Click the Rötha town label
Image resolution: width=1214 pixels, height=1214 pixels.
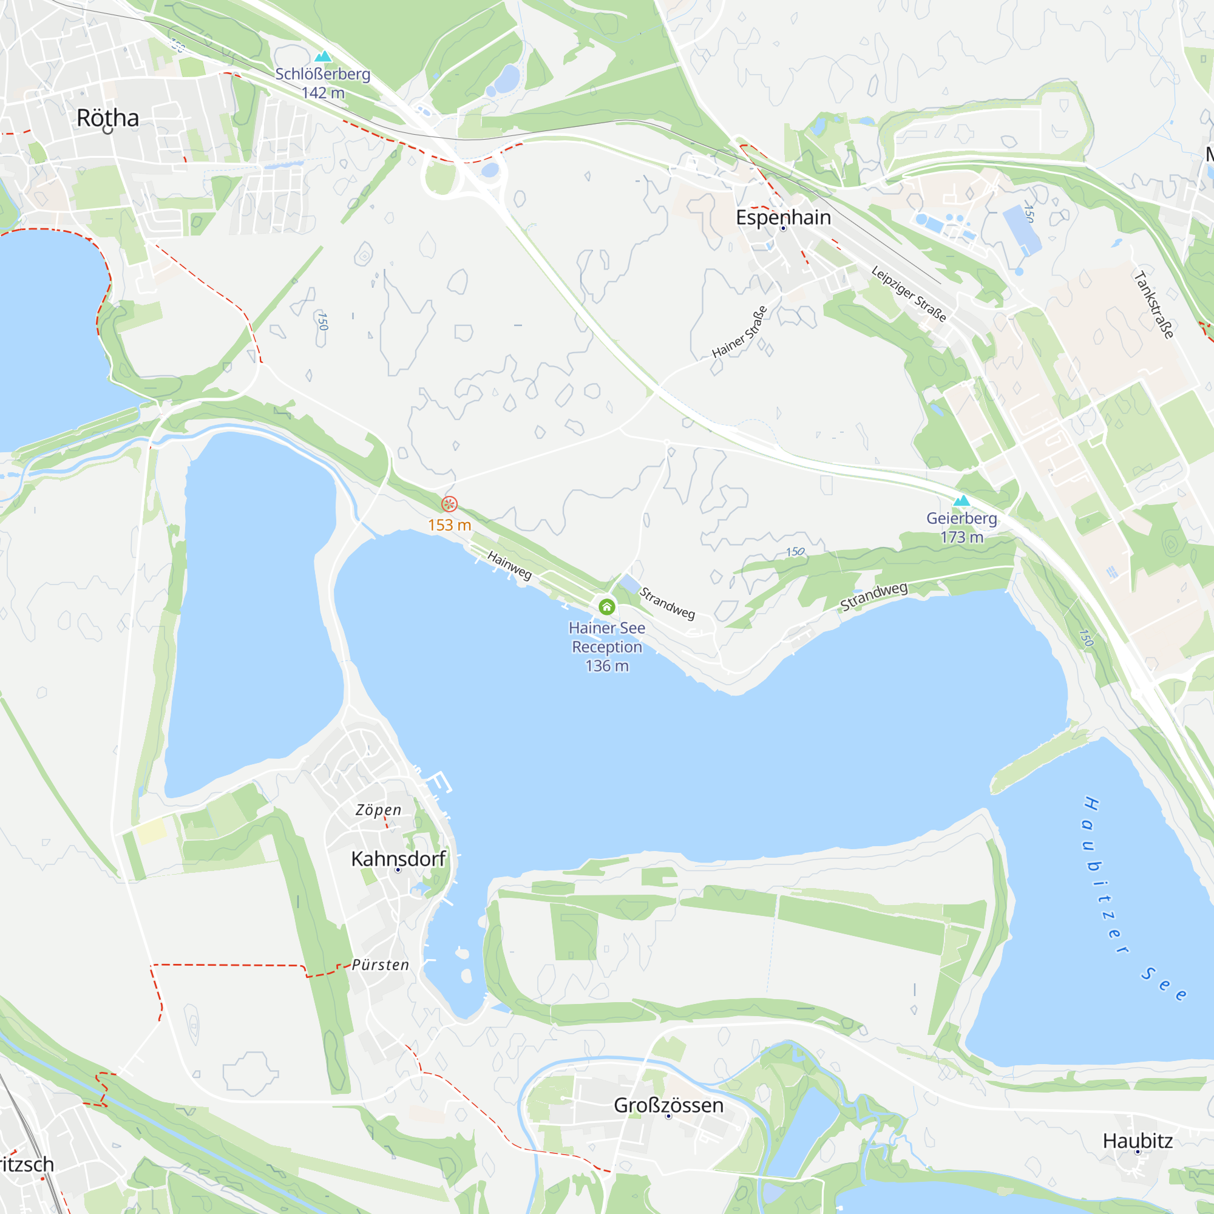pyautogui.click(x=107, y=118)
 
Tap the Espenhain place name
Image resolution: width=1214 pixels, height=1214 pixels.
pyautogui.click(x=783, y=217)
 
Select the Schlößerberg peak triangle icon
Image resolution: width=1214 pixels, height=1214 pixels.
pyautogui.click(x=323, y=56)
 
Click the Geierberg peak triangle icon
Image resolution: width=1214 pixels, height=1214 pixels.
pyautogui.click(x=961, y=501)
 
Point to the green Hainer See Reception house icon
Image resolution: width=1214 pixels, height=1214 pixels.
pyautogui.click(x=606, y=606)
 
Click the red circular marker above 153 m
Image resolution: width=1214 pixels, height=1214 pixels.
pyautogui.click(x=449, y=504)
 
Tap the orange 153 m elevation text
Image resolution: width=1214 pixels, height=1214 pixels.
pyautogui.click(x=449, y=525)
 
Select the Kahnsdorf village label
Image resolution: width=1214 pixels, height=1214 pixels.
pyautogui.click(x=398, y=858)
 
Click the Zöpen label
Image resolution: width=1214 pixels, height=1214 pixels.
pyautogui.click(x=378, y=810)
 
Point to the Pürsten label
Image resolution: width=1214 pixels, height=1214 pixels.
pyautogui.click(x=380, y=965)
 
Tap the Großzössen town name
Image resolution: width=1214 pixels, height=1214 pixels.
pyautogui.click(x=668, y=1105)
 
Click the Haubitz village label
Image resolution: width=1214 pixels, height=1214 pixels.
pyautogui.click(x=1138, y=1141)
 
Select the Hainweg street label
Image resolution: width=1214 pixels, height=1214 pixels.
pyautogui.click(x=510, y=565)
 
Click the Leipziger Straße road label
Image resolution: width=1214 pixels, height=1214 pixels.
pyautogui.click(x=909, y=293)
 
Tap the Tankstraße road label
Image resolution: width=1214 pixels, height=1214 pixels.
pyautogui.click(x=1154, y=305)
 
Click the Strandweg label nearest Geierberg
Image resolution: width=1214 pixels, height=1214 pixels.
pyautogui.click(x=873, y=596)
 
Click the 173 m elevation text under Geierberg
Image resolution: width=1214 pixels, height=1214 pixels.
pyautogui.click(x=961, y=537)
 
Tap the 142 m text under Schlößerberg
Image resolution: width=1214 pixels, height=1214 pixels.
pyautogui.click(x=323, y=93)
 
